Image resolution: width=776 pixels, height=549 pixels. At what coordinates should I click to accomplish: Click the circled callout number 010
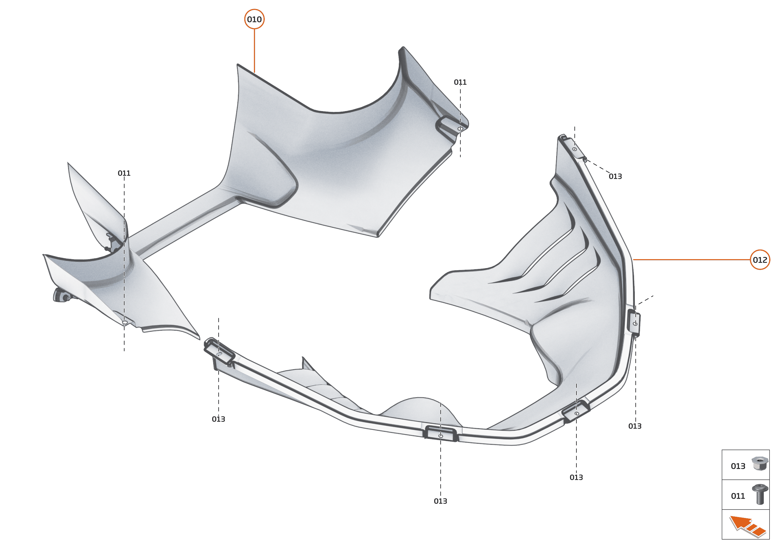pos(254,19)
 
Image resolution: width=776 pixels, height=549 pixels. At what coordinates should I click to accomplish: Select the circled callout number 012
pos(760,260)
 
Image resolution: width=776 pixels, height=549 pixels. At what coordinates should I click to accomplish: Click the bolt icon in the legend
pos(760,494)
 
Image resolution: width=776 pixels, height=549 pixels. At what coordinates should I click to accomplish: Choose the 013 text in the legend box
pos(738,466)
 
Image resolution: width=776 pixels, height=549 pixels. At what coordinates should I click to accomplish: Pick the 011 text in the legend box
pos(738,496)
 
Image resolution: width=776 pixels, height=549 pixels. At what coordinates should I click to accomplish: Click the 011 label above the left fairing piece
pos(124,173)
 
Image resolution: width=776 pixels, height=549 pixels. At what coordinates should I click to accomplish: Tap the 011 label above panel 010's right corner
pos(460,83)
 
